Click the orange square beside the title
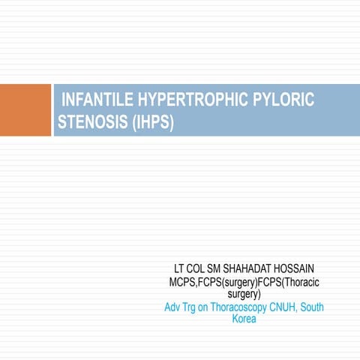point(25,110)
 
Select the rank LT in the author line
point(181,268)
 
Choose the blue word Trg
point(196,307)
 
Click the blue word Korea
point(244,319)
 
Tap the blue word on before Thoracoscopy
point(214,307)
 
